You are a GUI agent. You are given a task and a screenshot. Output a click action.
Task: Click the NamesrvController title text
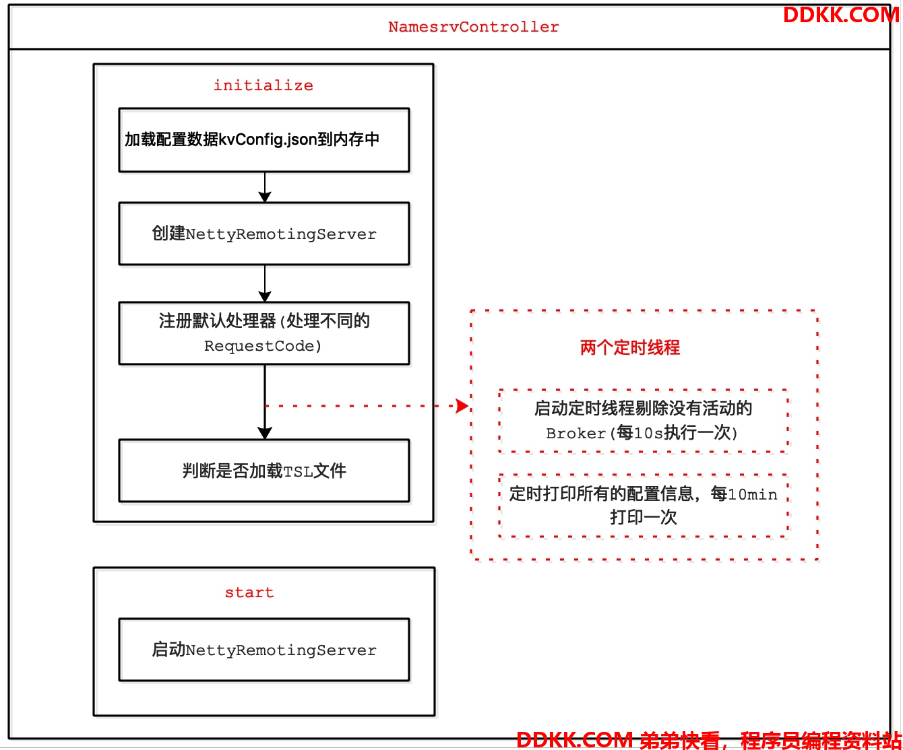click(474, 27)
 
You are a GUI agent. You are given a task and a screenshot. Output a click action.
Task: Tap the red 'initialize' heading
click(263, 85)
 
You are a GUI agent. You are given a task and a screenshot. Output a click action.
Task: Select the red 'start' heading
click(249, 592)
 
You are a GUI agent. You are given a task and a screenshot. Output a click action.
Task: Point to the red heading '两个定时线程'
click(629, 347)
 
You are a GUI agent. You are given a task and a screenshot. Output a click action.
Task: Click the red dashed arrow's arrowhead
click(463, 406)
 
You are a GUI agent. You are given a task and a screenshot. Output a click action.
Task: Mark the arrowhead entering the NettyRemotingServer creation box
click(265, 197)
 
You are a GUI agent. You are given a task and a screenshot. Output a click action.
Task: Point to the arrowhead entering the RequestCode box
click(265, 296)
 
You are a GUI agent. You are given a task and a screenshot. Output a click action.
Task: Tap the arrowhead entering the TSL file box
click(265, 434)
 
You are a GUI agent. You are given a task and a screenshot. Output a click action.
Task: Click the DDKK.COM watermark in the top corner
click(841, 15)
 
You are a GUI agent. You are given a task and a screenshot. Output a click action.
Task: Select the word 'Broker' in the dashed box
click(576, 434)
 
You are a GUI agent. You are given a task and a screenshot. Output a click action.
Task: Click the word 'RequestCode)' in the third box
click(263, 346)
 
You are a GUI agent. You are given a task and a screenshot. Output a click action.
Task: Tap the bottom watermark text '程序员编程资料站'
click(821, 741)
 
